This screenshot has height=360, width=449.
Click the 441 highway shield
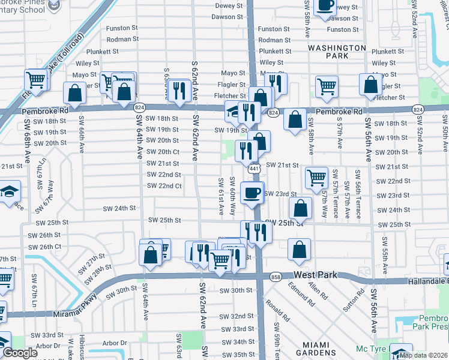pos(255,169)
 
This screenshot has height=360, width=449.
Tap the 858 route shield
pos(276,277)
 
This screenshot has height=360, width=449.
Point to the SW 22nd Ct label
pos(164,186)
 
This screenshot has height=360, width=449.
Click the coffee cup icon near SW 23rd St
pos(252,193)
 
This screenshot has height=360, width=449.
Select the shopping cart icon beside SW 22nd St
pos(316,178)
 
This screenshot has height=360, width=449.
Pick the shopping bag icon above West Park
pos(298,251)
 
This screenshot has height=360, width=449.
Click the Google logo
pos(20,353)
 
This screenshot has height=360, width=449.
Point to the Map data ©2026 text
pos(424,355)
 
